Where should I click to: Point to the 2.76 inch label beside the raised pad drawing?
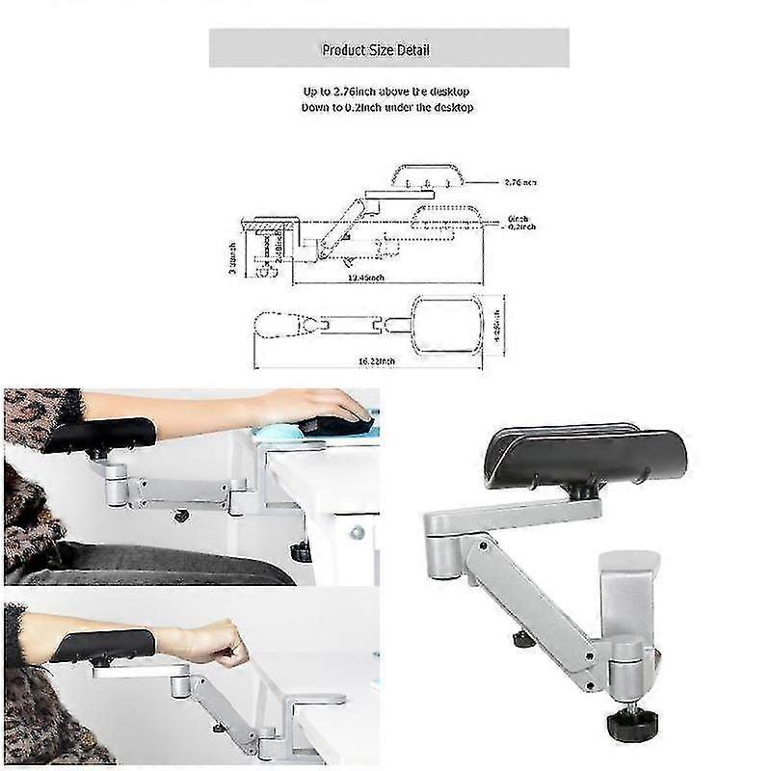[520, 181]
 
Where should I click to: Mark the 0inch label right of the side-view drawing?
[517, 218]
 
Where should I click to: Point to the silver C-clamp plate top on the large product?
[628, 559]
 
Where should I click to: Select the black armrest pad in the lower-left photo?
[102, 644]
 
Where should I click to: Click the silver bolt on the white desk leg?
[356, 532]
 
